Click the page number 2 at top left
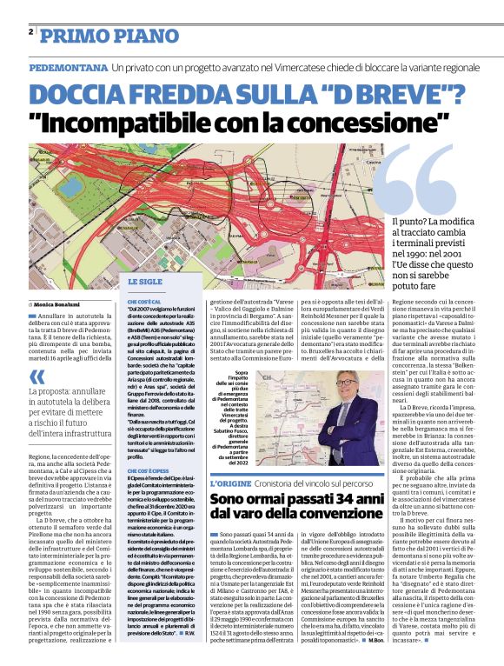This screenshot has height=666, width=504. (x=30, y=32)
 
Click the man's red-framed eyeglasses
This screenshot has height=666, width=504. (x=348, y=381)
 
